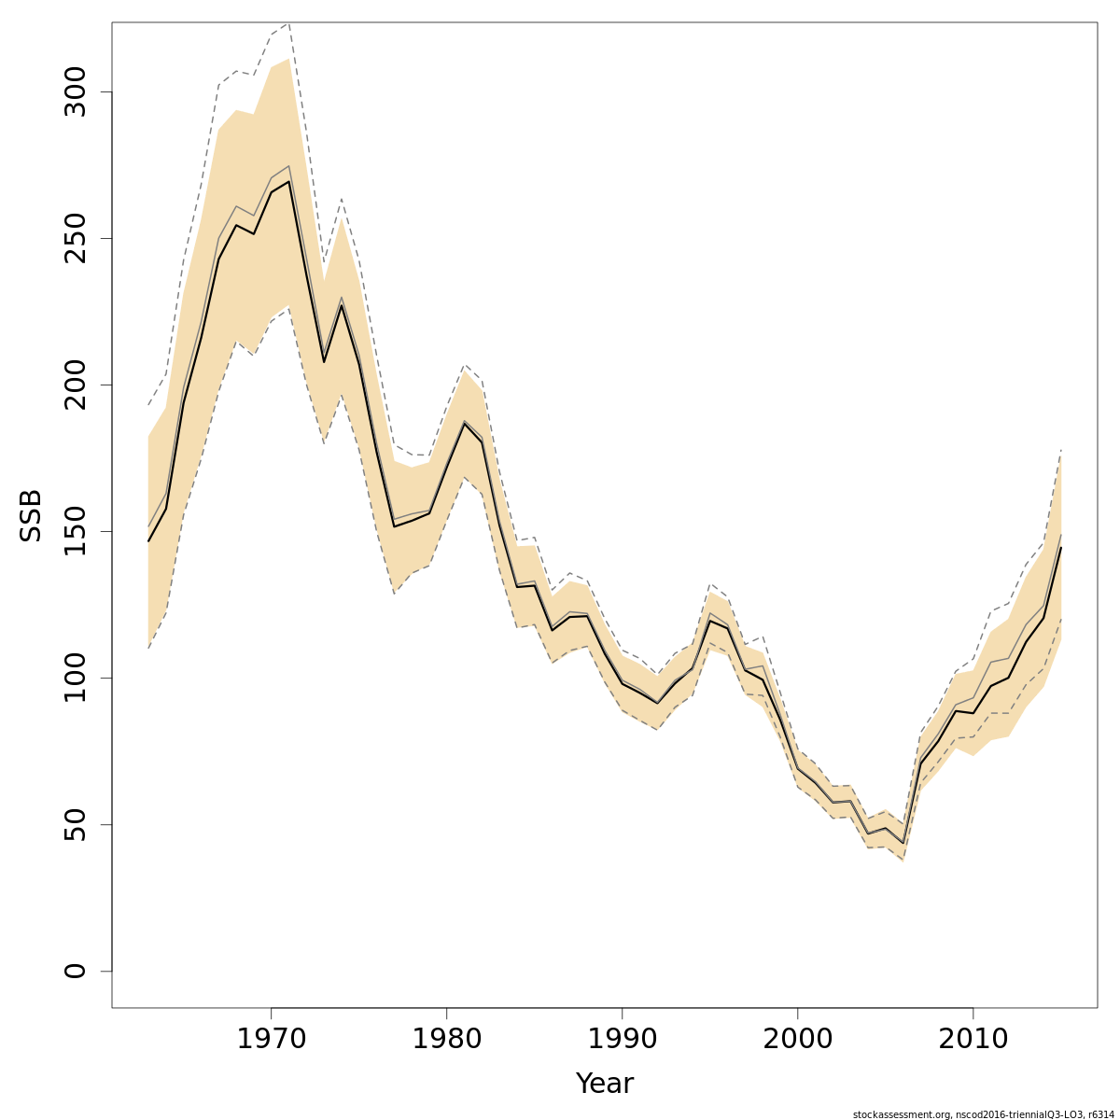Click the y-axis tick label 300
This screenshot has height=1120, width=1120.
coord(75,92)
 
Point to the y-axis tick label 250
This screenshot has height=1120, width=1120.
coord(75,239)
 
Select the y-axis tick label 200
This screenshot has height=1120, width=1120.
coord(75,385)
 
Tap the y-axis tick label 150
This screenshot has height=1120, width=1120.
coord(75,531)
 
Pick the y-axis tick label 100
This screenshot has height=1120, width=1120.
coord(75,678)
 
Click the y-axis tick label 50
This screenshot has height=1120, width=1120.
coord(75,824)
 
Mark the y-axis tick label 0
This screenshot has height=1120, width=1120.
coord(75,971)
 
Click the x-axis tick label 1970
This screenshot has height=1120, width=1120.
coord(271,1039)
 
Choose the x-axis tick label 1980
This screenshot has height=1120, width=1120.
coord(446,1039)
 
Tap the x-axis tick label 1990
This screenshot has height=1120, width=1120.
coord(622,1039)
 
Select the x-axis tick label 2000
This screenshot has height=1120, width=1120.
coord(797,1039)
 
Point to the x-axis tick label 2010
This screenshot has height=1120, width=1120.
coord(973,1039)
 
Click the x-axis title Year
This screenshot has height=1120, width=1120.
coord(604,1084)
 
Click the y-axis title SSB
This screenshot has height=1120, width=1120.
coord(32,515)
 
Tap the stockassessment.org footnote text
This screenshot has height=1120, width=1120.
coord(984,1114)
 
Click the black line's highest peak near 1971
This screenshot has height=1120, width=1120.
coord(288,181)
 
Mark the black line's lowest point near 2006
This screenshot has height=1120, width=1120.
coord(903,843)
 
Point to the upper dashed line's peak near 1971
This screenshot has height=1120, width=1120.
coord(288,23)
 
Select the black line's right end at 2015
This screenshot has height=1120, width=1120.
coord(1061,548)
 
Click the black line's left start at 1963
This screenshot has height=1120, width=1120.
coord(148,541)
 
